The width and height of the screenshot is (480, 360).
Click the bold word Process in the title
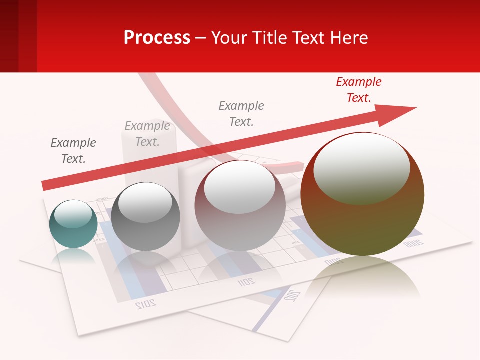pyautogui.click(x=157, y=38)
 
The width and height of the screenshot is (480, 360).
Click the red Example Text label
pyautogui.click(x=358, y=90)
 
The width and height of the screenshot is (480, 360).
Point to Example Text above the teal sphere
pyautogui.click(x=73, y=151)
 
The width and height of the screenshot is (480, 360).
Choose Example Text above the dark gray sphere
pyautogui.click(x=147, y=134)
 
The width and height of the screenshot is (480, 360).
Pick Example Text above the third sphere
pyautogui.click(x=241, y=113)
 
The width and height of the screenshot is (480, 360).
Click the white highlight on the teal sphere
pyautogui.click(x=73, y=213)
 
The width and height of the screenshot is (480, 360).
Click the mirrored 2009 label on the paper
pyautogui.click(x=413, y=243)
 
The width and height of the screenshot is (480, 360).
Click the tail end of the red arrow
pyautogui.click(x=47, y=185)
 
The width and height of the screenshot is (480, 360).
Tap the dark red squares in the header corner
pyautogui.click(x=18, y=36)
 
